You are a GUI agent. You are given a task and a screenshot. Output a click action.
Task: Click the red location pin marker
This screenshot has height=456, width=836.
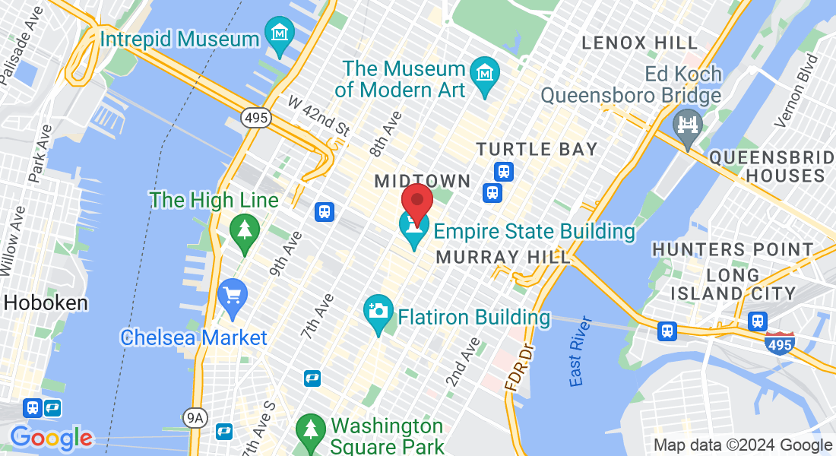(416, 201)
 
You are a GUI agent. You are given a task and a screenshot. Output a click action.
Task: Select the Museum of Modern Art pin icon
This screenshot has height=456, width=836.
(484, 73)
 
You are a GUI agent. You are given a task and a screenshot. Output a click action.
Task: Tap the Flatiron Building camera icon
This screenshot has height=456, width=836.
(378, 311)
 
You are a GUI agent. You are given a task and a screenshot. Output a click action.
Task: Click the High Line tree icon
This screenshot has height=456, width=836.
(245, 230)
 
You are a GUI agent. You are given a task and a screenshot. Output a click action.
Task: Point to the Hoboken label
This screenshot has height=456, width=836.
(46, 302)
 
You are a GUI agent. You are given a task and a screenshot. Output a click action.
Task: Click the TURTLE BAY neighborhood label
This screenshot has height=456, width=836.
(537, 148)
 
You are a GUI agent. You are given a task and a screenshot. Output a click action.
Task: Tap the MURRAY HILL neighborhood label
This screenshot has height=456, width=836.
(503, 257)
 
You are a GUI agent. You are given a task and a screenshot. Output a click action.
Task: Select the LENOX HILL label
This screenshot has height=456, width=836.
(639, 43)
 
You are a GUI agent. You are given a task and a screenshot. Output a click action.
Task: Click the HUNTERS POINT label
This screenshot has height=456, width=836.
(733, 249)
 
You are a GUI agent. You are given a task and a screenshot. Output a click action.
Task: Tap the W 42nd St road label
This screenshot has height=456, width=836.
(318, 116)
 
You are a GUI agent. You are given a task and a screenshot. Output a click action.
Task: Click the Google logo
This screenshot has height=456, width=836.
(51, 439)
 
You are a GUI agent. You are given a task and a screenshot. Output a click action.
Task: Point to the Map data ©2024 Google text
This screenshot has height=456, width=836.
(743, 445)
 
